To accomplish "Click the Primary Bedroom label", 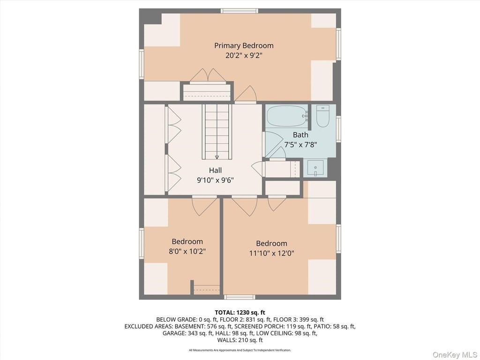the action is tap(244, 45).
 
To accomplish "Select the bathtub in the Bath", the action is tap(287, 116).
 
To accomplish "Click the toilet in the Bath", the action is tap(322, 116).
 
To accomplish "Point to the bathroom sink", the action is tap(315, 168).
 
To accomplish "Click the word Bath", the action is tap(300, 135).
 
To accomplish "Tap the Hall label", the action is tap(216, 170).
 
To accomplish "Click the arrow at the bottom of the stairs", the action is tap(217, 157).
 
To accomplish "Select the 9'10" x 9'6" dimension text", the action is tap(215, 180).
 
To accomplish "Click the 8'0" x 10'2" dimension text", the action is tap(187, 251).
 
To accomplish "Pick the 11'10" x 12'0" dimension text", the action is tap(271, 253).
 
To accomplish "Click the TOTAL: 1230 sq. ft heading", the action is tap(240, 313).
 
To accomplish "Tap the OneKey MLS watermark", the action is tap(455, 355).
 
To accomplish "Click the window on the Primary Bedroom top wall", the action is tap(240, 11).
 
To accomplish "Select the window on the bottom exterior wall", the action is tap(240, 297).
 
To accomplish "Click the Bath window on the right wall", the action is tap(338, 129).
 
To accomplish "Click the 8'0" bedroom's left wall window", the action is tap(142, 243).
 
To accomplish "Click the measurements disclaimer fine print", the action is tap(240, 350).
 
